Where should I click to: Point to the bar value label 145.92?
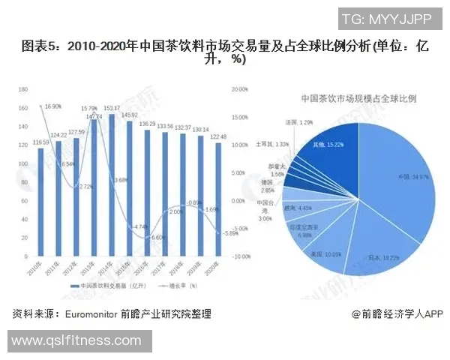point(130,115)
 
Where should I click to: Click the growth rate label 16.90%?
point(53,106)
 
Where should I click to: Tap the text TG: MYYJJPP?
point(386,19)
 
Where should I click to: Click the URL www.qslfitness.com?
point(76,341)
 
